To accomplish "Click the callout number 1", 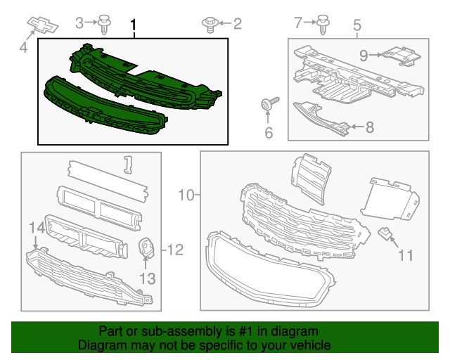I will (x=133, y=26).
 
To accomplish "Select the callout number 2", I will (x=237, y=24).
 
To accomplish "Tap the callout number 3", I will (x=79, y=22).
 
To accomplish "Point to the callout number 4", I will (x=23, y=49).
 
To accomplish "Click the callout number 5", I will (x=356, y=26).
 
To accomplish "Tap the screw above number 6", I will (x=270, y=104).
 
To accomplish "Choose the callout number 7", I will (x=297, y=22).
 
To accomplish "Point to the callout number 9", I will (x=364, y=54).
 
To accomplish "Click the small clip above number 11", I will (x=385, y=233).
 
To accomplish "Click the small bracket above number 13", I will (x=147, y=249).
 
